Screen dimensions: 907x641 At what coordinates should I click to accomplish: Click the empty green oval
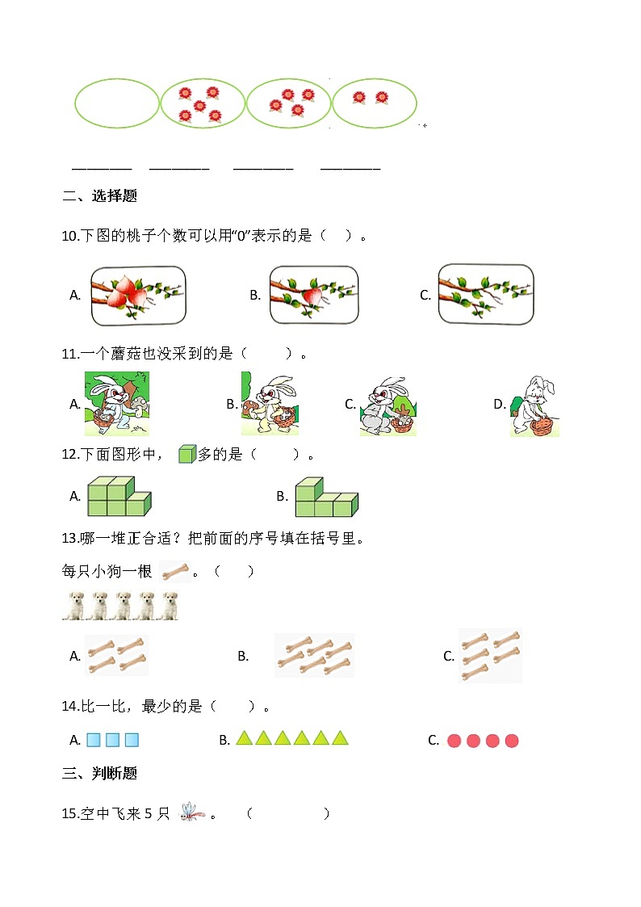click(117, 103)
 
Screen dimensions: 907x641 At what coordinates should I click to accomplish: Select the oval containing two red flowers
click(374, 103)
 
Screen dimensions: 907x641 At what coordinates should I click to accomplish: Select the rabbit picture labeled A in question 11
click(117, 404)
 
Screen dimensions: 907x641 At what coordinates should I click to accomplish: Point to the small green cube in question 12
click(186, 454)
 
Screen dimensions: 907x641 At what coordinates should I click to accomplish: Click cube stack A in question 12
click(118, 496)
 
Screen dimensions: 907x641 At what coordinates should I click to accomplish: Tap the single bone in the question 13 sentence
click(175, 572)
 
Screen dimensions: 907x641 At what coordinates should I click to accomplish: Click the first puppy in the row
click(75, 606)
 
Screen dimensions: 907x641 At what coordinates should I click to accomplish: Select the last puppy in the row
click(169, 606)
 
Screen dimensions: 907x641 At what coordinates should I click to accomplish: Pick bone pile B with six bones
click(314, 655)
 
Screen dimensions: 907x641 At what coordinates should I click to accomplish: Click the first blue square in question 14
click(94, 739)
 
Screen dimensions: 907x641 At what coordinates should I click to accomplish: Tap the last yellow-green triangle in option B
click(340, 737)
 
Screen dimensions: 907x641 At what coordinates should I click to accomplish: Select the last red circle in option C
click(511, 740)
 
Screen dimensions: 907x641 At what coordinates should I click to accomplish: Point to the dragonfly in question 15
click(191, 812)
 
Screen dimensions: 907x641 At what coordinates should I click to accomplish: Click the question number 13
click(69, 539)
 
